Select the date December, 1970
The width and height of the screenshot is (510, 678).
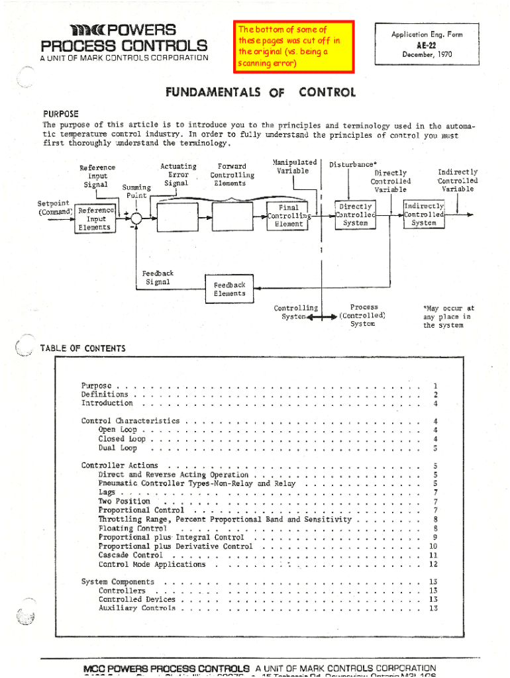pos(426,55)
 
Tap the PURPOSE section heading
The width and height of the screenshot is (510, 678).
pos(61,114)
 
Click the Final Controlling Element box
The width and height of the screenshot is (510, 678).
pos(288,216)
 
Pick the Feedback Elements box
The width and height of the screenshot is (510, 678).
pos(229,289)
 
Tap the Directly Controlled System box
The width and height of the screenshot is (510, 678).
pos(354,215)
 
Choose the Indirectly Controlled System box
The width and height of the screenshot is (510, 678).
pos(424,215)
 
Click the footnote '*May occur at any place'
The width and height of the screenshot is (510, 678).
pos(448,316)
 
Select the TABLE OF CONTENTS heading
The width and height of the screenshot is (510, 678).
pos(83,348)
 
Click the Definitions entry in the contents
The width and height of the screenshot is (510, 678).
pos(105,395)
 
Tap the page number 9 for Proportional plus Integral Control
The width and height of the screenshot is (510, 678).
pos(434,538)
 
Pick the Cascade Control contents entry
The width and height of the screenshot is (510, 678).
pos(130,556)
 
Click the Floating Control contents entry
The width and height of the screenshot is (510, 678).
pos(132,528)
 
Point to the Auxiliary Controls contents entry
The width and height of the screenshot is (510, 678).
pos(137,608)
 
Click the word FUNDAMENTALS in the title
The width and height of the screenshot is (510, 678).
pos(203,93)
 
